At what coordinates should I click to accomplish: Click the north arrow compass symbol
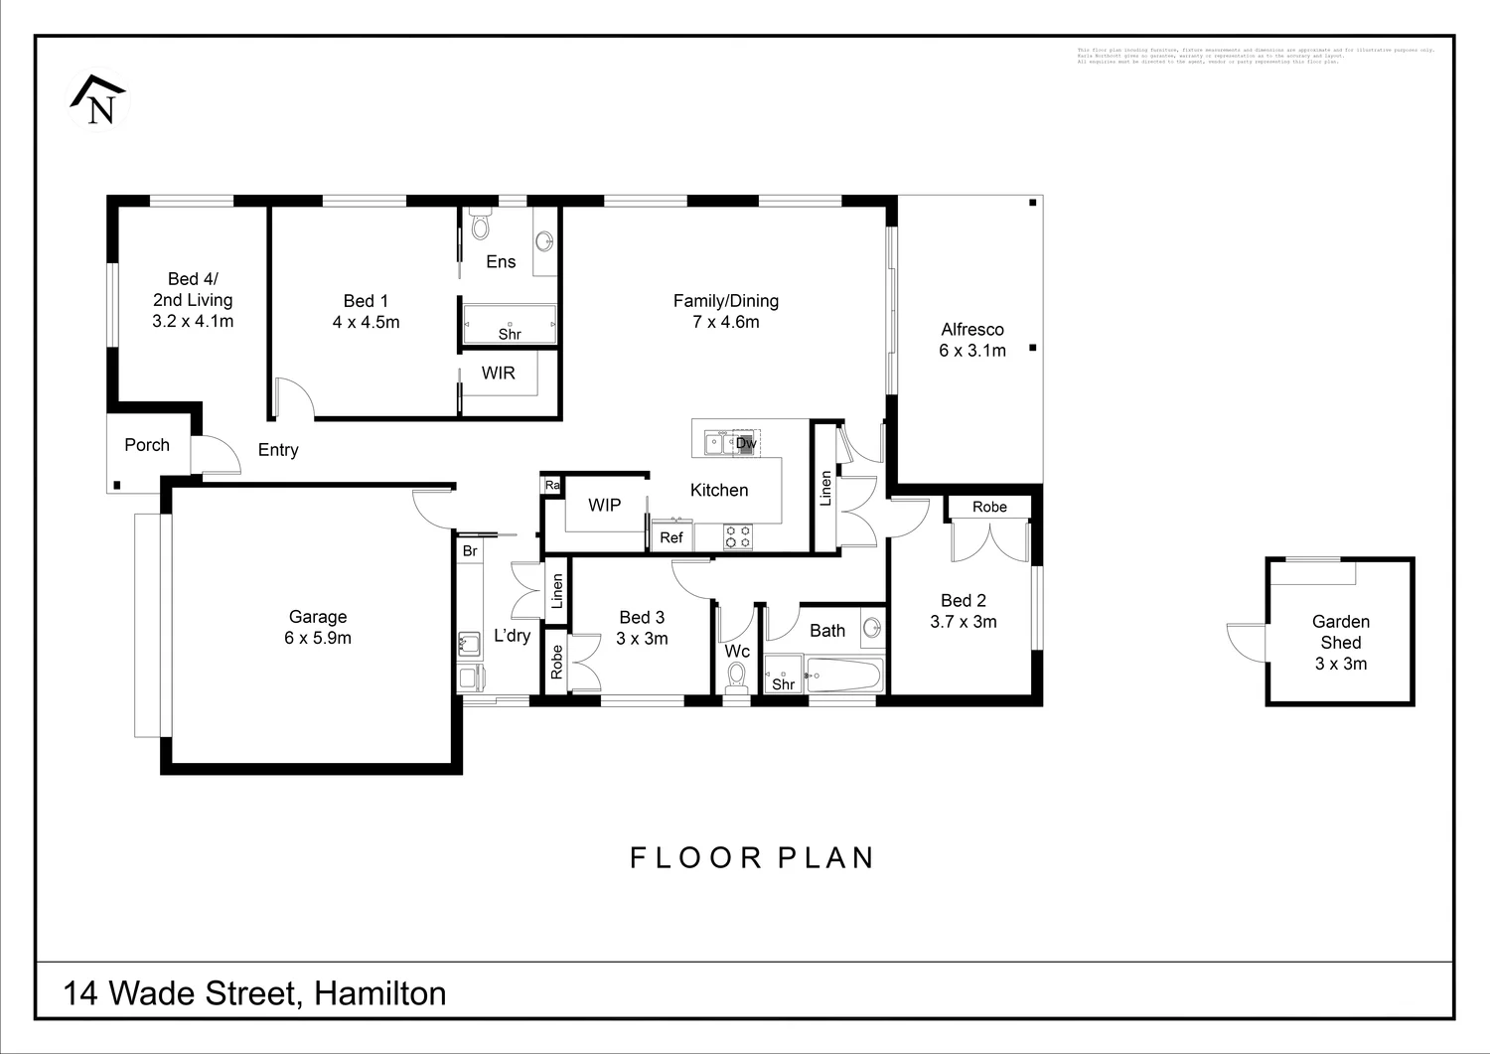pyautogui.click(x=98, y=99)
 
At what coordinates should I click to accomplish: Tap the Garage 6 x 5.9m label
pyautogui.click(x=318, y=628)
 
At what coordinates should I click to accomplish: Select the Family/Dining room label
pyautogui.click(x=725, y=311)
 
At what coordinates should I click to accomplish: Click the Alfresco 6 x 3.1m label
pyautogui.click(x=972, y=340)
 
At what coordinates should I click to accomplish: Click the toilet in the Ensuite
pyautogui.click(x=481, y=226)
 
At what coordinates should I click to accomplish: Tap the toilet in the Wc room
pyautogui.click(x=737, y=676)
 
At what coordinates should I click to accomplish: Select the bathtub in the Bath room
pyautogui.click(x=843, y=677)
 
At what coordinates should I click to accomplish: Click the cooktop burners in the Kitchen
pyautogui.click(x=738, y=537)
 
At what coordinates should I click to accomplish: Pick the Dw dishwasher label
pyautogui.click(x=746, y=443)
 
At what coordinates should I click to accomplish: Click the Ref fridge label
pyautogui.click(x=671, y=537)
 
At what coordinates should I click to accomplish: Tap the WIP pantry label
pyautogui.click(x=604, y=505)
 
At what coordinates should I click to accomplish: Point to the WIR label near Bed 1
pyautogui.click(x=499, y=373)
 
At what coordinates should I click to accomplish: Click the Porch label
pyautogui.click(x=147, y=445)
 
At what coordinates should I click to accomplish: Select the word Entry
pyautogui.click(x=278, y=450)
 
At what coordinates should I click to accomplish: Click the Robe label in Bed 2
pyautogui.click(x=989, y=507)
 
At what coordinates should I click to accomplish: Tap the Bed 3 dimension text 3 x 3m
pyautogui.click(x=642, y=639)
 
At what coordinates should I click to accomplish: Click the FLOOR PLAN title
pyautogui.click(x=752, y=857)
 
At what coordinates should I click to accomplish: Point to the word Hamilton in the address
pyautogui.click(x=379, y=993)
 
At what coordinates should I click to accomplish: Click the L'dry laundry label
pyautogui.click(x=512, y=636)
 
